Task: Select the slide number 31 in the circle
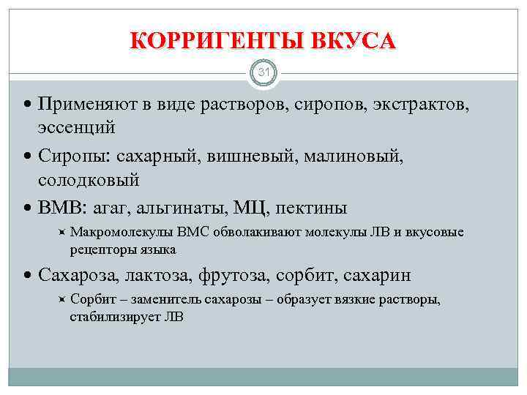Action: point(263,72)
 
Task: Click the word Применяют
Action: point(88,105)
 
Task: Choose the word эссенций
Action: point(77,127)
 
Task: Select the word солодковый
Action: point(89,178)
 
